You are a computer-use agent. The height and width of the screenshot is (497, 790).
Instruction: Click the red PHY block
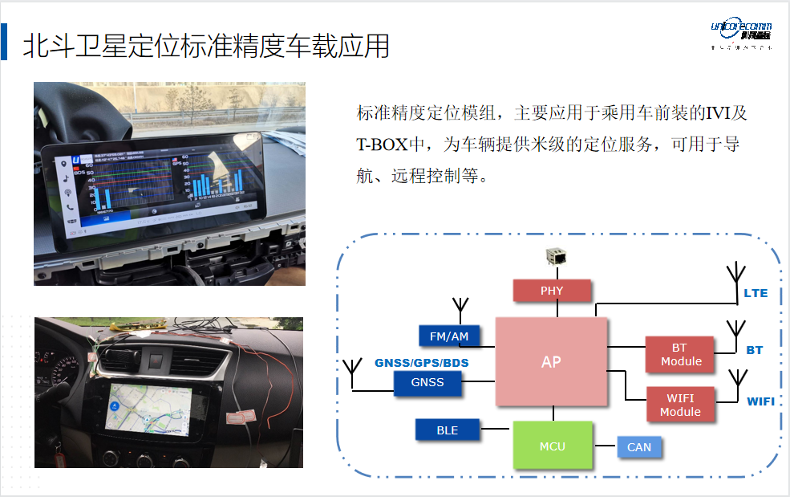click(x=552, y=291)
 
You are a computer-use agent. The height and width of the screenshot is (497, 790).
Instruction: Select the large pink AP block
click(x=551, y=361)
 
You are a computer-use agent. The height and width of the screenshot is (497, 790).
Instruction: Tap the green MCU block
click(x=552, y=446)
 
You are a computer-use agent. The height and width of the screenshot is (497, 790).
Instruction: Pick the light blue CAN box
click(x=639, y=447)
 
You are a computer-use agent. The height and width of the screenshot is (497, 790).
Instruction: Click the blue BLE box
click(x=448, y=430)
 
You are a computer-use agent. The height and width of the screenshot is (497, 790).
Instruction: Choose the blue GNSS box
click(x=427, y=383)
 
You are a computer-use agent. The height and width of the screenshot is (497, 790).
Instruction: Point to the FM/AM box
click(x=449, y=336)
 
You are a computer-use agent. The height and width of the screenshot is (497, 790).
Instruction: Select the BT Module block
click(x=679, y=355)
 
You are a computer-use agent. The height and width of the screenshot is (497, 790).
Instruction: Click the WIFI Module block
click(x=680, y=405)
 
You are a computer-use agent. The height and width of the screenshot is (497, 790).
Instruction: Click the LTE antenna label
click(x=756, y=293)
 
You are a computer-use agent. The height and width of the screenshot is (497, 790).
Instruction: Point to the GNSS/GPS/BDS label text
click(x=422, y=363)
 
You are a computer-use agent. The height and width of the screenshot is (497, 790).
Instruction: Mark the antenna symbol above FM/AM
click(x=460, y=308)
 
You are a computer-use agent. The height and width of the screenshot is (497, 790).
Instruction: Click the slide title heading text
click(x=206, y=46)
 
